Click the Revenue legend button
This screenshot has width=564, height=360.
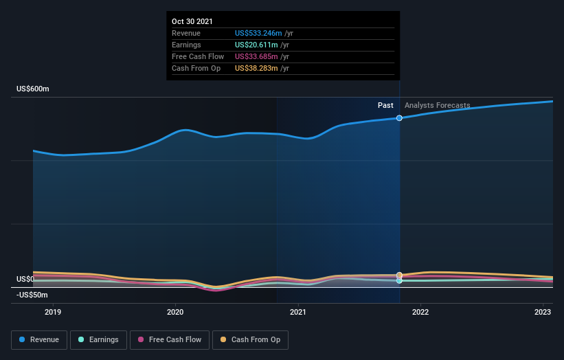39,339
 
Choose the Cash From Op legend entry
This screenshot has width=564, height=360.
251,339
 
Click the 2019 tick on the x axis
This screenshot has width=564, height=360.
53,312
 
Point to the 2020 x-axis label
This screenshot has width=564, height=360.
175,312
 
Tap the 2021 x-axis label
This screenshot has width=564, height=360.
298,312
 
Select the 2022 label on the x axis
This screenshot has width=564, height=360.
420,312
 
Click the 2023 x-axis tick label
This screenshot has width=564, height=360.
543,312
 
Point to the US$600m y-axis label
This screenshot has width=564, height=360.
34,89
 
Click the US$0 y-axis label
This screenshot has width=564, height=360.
25,279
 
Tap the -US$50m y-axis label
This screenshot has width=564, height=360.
32,295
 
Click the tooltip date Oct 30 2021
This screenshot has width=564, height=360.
192,21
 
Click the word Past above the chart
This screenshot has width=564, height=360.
385,105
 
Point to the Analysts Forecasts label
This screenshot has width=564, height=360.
438,105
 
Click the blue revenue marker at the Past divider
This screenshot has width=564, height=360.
399,118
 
